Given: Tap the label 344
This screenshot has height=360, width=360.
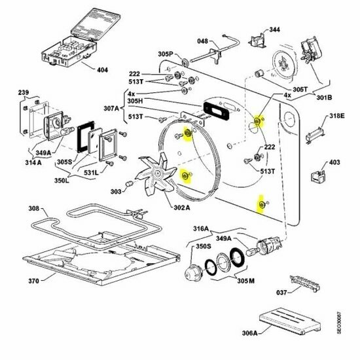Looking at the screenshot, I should click(x=274, y=30).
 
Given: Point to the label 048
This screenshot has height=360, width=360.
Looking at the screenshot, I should click(x=204, y=42).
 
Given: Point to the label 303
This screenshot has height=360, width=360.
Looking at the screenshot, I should click(x=116, y=192).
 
